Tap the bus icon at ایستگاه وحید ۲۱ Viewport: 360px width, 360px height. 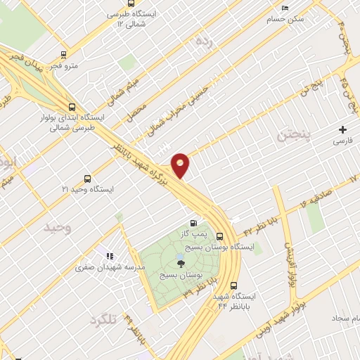(x=88, y=179)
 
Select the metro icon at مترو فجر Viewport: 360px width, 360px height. (x=64, y=54)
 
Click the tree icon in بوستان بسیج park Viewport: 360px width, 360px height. (x=181, y=264)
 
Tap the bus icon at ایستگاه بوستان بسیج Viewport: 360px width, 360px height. (x=220, y=237)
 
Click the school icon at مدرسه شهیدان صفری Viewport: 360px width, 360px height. (x=109, y=257)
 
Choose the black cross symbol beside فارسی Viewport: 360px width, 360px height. (x=342, y=129)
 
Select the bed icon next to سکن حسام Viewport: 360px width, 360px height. (x=285, y=8)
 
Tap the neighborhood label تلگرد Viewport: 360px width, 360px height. (x=103, y=321)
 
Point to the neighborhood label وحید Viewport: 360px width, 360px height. (x=58, y=228)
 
